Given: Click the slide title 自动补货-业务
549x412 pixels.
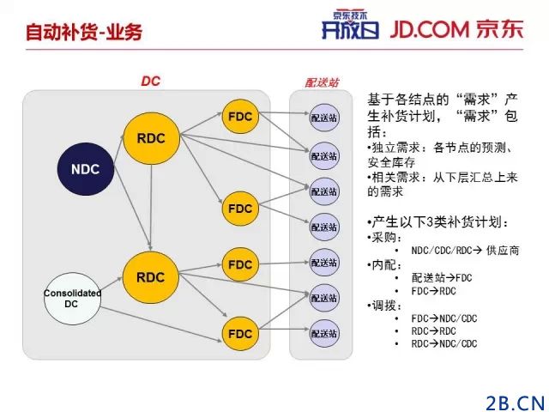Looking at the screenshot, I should pyautogui.click(x=84, y=33).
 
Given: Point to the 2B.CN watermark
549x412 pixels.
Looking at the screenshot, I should pyautogui.click(x=516, y=400).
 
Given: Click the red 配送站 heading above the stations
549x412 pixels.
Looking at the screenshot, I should pyautogui.click(x=323, y=83).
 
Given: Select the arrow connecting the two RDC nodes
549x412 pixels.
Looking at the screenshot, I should pyautogui.click(x=150, y=206).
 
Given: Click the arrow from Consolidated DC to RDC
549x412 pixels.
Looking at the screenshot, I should pyautogui.click(x=107, y=287).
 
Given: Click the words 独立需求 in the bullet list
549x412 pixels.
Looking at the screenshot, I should pyautogui.click(x=391, y=147).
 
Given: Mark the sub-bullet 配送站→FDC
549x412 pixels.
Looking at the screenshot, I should pyautogui.click(x=442, y=277).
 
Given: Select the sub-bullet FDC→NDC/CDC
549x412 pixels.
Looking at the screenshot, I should pyautogui.click(x=444, y=318).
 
